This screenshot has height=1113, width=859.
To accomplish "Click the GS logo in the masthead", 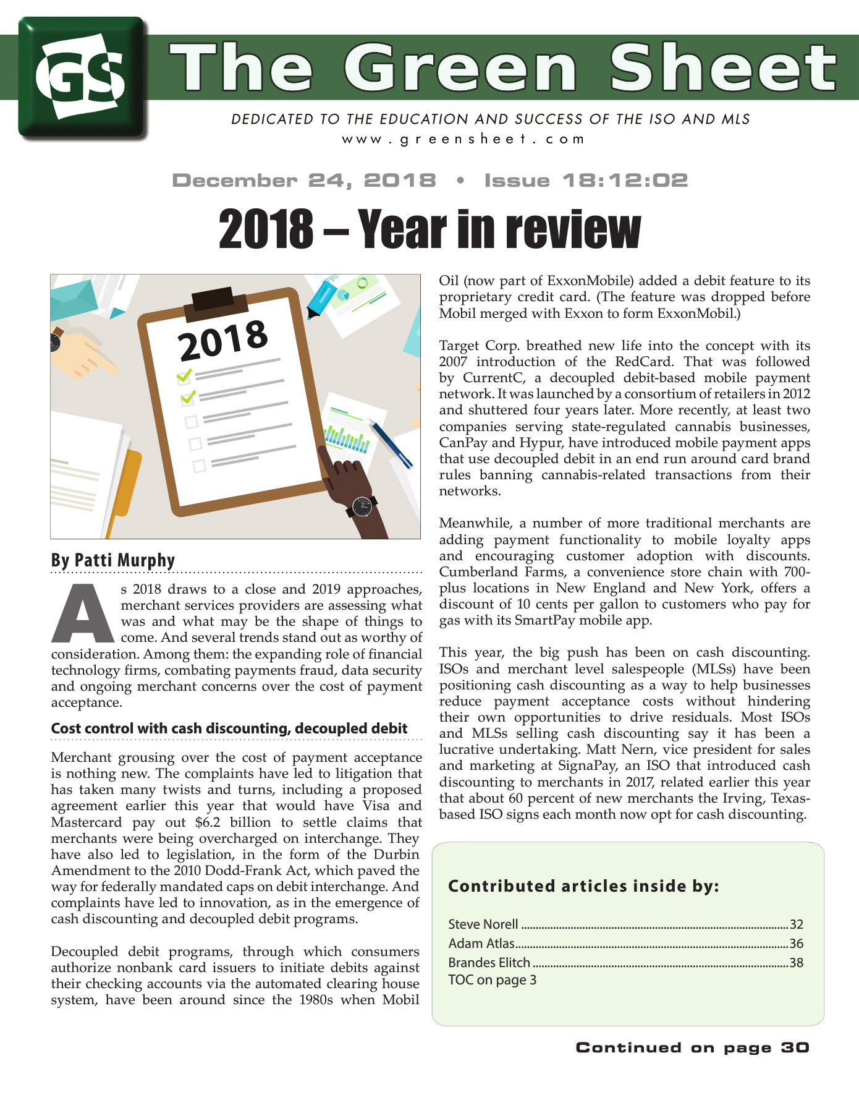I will (x=82, y=77).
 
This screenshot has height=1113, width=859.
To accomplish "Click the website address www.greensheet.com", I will (x=463, y=139).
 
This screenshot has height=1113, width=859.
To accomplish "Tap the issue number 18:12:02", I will (x=625, y=181).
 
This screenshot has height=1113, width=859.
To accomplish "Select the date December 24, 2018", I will (x=304, y=181).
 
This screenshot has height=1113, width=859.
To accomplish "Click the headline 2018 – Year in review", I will (x=429, y=229).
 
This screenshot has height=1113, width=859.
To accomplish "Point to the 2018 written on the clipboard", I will (x=223, y=339).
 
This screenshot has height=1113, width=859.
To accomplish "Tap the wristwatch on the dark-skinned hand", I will (x=362, y=507).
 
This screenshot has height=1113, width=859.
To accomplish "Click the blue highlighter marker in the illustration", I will (x=321, y=299).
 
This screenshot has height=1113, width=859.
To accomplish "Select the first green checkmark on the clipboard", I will (x=184, y=375).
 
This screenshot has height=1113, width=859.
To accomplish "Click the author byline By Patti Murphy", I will (x=113, y=560).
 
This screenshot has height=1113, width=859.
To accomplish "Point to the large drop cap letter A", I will (x=82, y=612).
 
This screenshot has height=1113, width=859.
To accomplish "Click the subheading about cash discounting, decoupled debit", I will (x=229, y=728).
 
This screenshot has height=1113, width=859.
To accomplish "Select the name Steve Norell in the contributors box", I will (x=483, y=924).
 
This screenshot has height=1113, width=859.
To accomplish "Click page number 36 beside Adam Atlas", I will (x=796, y=944).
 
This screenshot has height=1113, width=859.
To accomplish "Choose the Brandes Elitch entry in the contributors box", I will (x=489, y=963).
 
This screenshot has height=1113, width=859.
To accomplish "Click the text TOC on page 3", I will (x=492, y=980).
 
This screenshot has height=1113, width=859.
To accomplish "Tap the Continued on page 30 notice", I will (x=692, y=1047).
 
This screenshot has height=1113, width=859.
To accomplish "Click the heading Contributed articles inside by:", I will (x=583, y=886).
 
